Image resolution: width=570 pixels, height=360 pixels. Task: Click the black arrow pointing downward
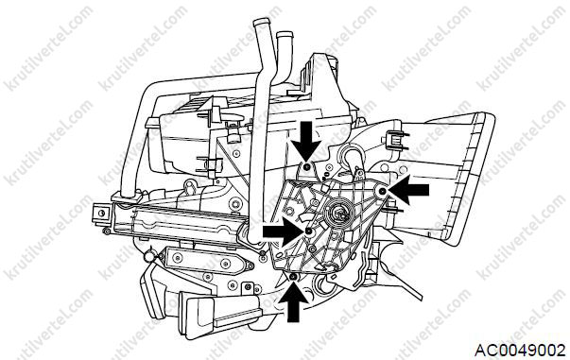click(x=306, y=141)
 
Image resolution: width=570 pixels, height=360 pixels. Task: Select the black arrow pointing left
click(x=409, y=189)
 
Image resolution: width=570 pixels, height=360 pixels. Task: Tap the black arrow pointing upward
click(x=293, y=301)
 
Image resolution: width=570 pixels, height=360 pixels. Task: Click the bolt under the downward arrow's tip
click(x=307, y=166)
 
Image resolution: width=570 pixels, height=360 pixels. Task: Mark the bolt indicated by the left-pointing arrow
click(x=383, y=191)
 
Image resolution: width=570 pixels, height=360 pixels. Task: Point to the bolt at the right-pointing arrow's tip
click(x=309, y=231)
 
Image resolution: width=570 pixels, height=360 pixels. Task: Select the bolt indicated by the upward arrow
click(x=293, y=277)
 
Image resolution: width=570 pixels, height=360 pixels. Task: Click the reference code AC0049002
click(x=520, y=351)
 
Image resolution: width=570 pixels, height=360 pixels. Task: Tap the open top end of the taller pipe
click(x=261, y=22)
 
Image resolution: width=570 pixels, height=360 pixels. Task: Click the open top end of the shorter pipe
click(x=285, y=35)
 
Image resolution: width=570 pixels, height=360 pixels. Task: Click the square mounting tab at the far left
click(x=101, y=213)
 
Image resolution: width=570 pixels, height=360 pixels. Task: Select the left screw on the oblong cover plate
click(x=178, y=258)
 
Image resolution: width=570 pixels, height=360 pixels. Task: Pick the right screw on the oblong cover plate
click(x=226, y=264)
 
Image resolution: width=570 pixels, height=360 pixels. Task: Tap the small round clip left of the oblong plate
click(x=149, y=257)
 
